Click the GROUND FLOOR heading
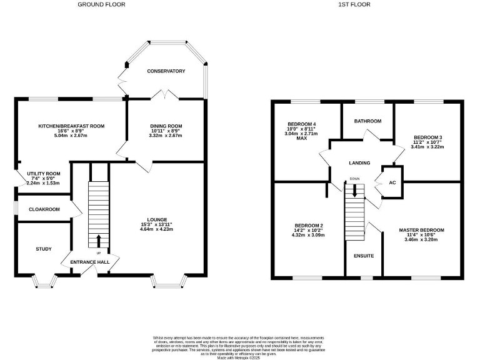tap(101, 4)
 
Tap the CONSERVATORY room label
tap(166, 71)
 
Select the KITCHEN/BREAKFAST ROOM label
tap(71, 126)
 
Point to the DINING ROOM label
tap(166, 126)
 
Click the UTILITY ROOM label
tap(43, 174)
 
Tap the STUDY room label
tap(44, 248)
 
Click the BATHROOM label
tap(367, 121)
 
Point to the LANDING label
tap(360, 163)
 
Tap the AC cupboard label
tap(392, 182)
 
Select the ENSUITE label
tap(364, 256)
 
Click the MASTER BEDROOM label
tap(422, 230)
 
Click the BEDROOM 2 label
tap(309, 226)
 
